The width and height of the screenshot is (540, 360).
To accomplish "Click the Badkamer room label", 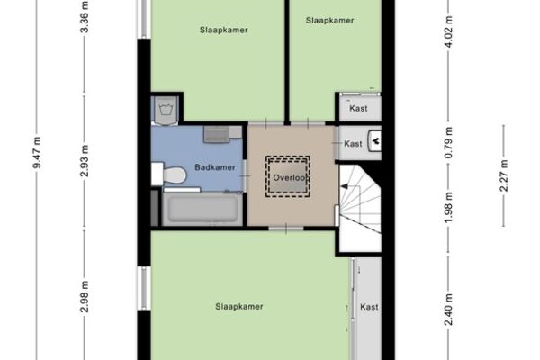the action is [215, 167].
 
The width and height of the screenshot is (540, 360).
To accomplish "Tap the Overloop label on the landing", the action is [290, 178].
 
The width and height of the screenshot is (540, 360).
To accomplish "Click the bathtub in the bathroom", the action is [202, 209].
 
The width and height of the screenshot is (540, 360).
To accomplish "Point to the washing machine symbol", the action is [166, 110].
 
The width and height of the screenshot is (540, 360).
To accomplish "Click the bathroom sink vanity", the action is [221, 134].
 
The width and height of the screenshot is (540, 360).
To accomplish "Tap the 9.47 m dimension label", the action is [37, 153].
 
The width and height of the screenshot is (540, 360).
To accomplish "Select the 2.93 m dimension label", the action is [85, 161].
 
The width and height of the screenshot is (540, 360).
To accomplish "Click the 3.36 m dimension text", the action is [85, 17].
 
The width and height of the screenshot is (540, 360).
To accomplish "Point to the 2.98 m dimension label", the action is [85, 297].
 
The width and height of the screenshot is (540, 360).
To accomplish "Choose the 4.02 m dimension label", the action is [448, 32].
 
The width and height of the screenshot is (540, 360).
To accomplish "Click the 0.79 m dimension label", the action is [448, 143].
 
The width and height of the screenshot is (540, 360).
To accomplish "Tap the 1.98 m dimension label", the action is [448, 207].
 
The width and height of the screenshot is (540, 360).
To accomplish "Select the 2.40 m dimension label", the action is [448, 310].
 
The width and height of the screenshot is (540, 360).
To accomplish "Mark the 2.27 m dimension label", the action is [504, 176].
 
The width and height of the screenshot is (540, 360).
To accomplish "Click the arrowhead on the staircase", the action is [344, 186].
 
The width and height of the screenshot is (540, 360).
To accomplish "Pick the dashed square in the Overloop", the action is [288, 176].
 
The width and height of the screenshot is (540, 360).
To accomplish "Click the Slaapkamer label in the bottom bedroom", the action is [239, 307].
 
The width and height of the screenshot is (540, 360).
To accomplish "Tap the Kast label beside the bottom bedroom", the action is [369, 307].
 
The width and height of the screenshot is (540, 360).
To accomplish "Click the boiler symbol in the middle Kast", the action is [374, 141].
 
